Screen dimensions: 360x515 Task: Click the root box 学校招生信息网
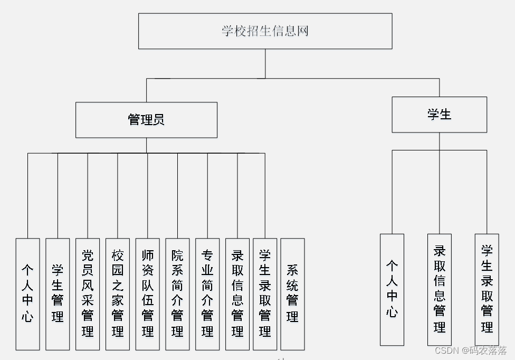click(x=265, y=31)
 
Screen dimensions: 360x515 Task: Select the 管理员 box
click(x=146, y=120)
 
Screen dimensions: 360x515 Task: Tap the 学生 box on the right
click(x=439, y=115)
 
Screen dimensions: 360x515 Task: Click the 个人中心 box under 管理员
click(x=27, y=294)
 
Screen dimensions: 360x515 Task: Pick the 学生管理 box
click(x=58, y=294)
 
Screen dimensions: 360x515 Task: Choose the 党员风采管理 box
click(x=88, y=294)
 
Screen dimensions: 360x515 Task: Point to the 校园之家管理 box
click(x=118, y=294)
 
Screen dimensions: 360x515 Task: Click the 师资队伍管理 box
click(x=148, y=294)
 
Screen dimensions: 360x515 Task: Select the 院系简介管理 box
click(x=177, y=294)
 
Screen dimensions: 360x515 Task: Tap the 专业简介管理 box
click(x=207, y=294)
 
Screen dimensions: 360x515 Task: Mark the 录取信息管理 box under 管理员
click(x=237, y=294)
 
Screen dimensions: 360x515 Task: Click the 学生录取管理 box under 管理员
click(x=265, y=294)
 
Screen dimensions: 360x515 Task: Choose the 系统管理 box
click(x=292, y=294)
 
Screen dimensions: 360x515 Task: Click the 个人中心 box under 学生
click(x=392, y=289)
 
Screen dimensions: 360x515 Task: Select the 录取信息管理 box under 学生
click(x=440, y=289)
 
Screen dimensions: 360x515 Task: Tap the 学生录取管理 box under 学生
click(x=487, y=289)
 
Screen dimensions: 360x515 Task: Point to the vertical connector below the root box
click(x=265, y=63)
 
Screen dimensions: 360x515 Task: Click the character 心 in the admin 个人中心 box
click(x=27, y=317)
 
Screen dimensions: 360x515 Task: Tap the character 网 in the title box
click(x=302, y=31)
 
